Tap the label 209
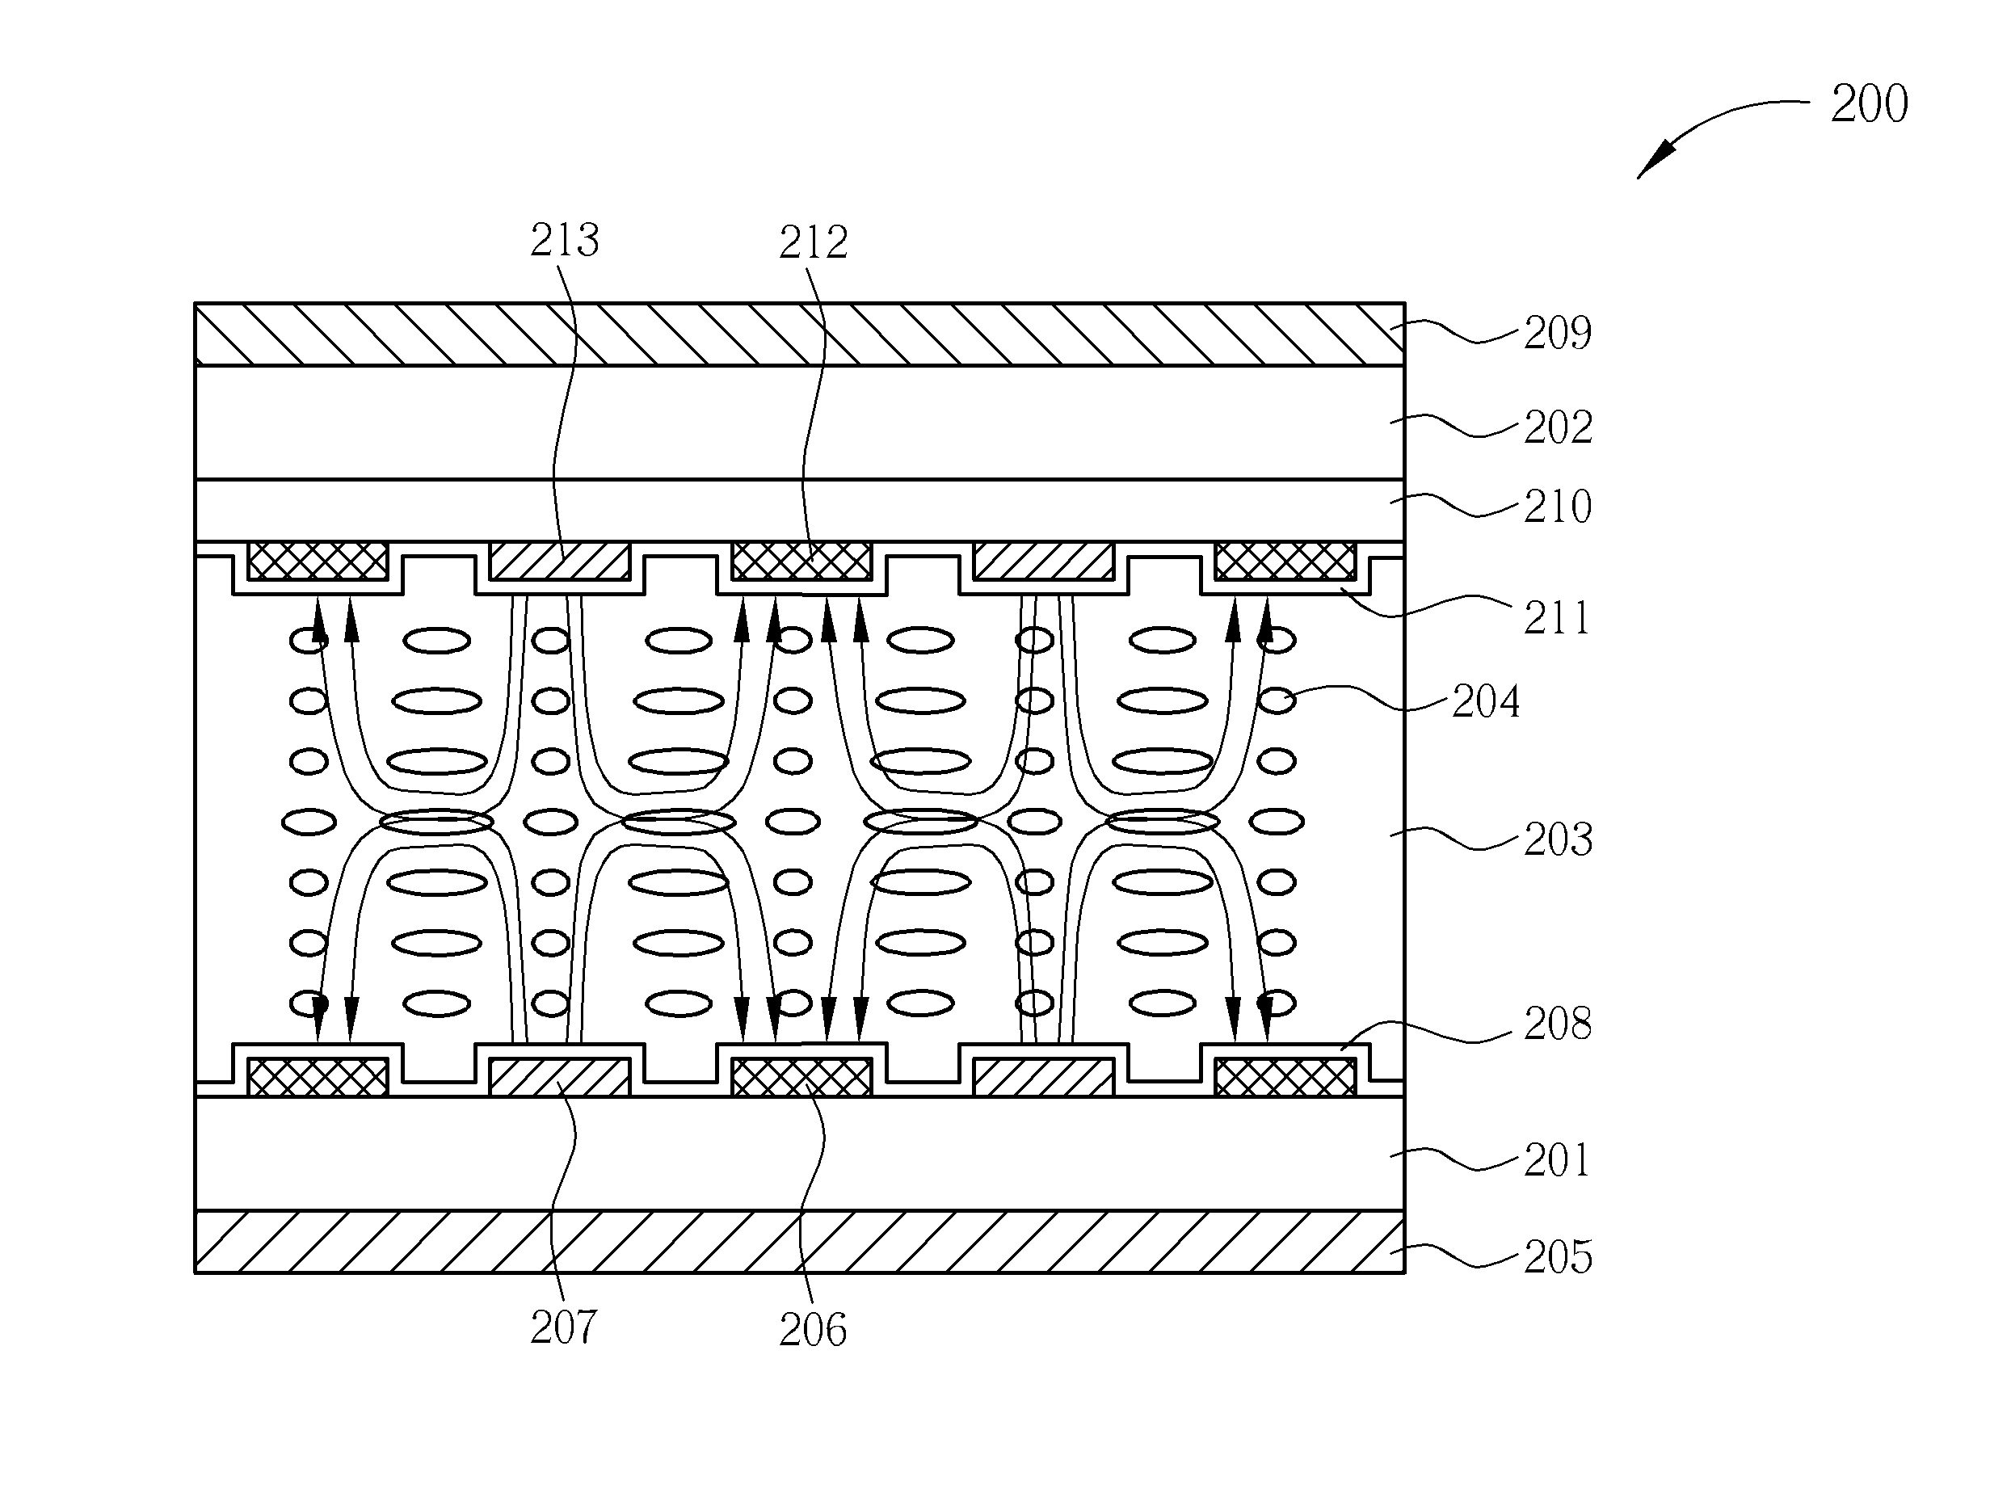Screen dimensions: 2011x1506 (1558, 333)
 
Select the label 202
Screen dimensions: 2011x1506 (1559, 427)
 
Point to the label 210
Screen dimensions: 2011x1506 (1558, 507)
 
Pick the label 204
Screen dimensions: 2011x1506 (1486, 701)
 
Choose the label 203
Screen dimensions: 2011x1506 (1559, 839)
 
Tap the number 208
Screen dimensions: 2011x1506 (1558, 1024)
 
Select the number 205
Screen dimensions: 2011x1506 (1559, 1257)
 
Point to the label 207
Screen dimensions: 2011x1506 (564, 1327)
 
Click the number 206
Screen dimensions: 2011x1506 (813, 1330)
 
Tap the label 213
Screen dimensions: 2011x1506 (565, 240)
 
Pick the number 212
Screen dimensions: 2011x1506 (814, 242)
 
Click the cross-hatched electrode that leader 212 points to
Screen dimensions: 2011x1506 (801, 561)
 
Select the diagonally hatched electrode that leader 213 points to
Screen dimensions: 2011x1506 (559, 561)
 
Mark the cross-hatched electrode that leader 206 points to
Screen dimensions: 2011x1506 (801, 1078)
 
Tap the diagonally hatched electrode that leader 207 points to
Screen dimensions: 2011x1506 (559, 1078)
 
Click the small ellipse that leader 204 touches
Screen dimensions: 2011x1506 (1277, 700)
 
